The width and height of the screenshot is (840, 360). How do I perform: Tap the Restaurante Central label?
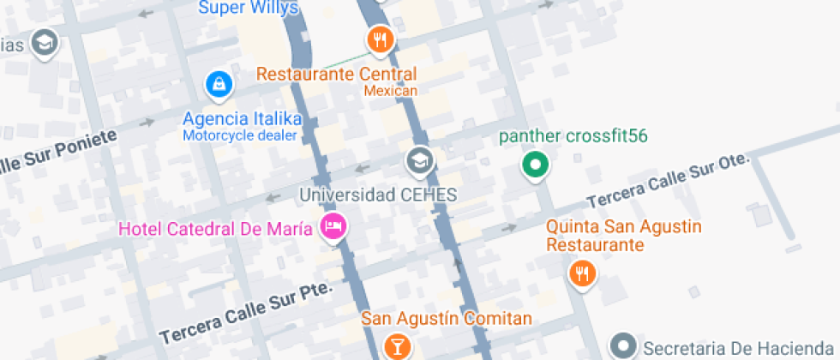point(337,74)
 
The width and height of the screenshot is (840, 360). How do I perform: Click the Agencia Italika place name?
point(242,118)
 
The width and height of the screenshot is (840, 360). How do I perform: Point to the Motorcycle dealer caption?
point(239,135)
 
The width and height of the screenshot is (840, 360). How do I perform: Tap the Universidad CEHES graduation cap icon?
point(419,160)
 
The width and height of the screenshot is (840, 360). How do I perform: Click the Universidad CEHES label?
point(378,195)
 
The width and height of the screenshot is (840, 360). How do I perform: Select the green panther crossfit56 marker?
point(536,165)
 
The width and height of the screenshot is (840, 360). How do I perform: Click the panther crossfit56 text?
point(573,136)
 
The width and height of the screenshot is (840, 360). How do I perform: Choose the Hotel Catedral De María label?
point(216,228)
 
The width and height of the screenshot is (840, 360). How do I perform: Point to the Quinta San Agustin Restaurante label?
point(624,236)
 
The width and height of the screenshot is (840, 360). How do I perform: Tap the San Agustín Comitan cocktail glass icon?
point(397,345)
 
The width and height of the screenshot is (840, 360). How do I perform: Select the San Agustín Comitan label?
point(446,318)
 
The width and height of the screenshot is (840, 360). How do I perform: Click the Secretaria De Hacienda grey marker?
point(623,347)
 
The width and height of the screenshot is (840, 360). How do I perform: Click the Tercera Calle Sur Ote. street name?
point(668,183)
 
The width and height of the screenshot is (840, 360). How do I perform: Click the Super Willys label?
point(249,9)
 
